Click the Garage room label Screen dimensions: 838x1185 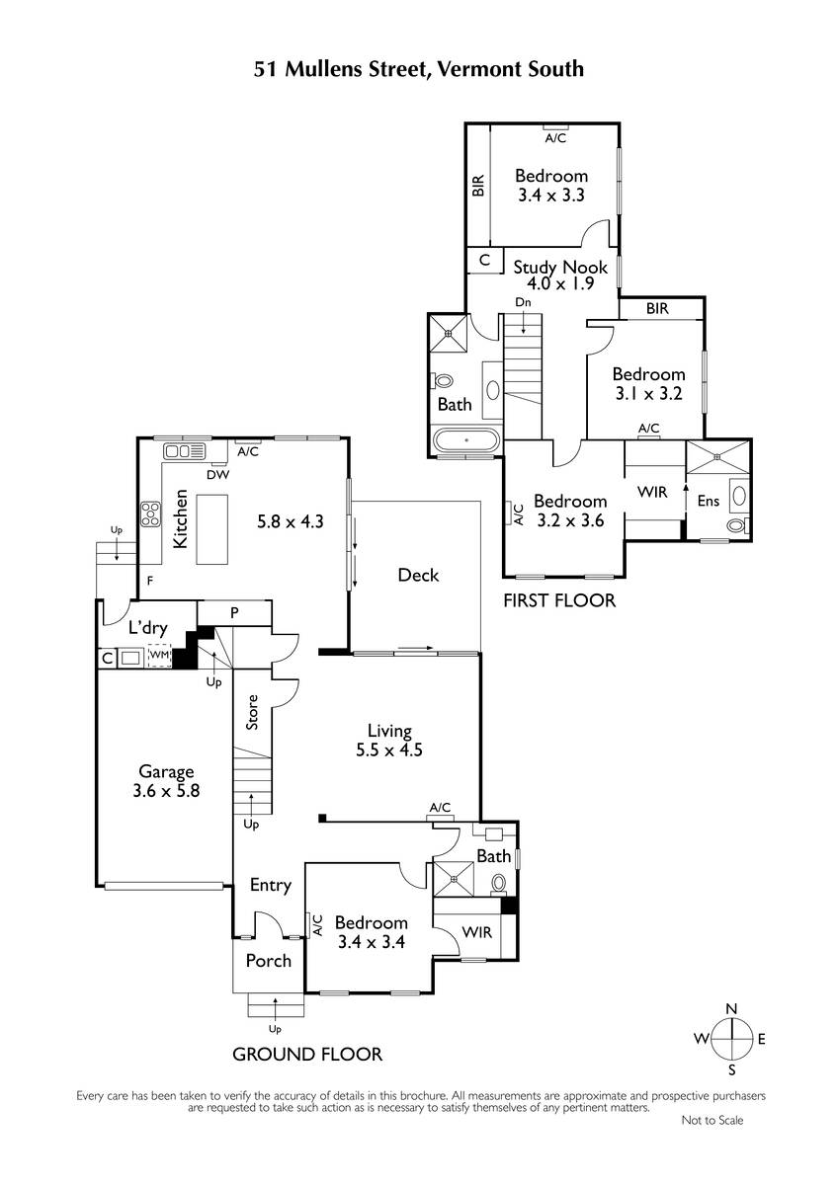click(166, 772)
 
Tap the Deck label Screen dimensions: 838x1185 click(418, 575)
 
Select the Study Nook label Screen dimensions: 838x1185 click(560, 268)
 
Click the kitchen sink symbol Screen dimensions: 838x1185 click(184, 451)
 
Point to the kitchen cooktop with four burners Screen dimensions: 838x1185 click(150, 513)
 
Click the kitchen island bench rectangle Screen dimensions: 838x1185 click(212, 529)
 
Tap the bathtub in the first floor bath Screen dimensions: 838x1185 click(465, 439)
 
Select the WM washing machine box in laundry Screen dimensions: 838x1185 click(159, 655)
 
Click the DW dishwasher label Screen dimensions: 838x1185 click(218, 475)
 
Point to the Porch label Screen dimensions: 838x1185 click(269, 960)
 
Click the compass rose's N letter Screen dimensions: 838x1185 click(731, 1009)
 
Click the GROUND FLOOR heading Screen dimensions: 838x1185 click(307, 1055)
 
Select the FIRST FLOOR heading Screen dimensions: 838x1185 click(559, 600)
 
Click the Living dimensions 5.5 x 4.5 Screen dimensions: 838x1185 click(389, 750)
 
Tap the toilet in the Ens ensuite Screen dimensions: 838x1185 click(737, 525)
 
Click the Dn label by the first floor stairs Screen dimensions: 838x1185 click(523, 302)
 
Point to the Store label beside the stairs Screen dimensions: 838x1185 click(252, 712)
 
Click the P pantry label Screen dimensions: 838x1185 click(234, 612)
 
